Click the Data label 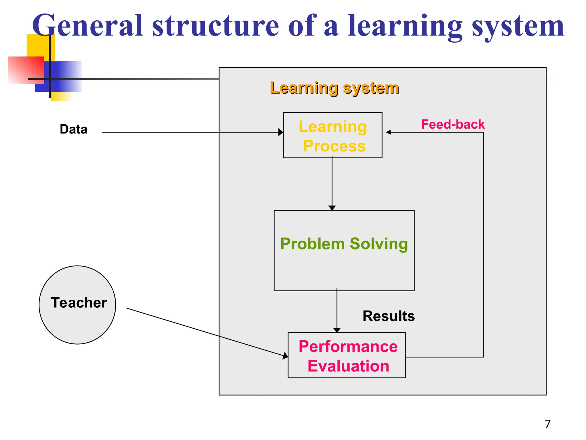click(74, 129)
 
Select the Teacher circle click(78, 305)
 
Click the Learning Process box click(332, 135)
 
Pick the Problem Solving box click(344, 251)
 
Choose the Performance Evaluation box click(347, 355)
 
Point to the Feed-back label click(453, 125)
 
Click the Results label click(389, 316)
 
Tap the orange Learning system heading click(334, 88)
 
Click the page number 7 click(547, 424)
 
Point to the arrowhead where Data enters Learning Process click(281, 132)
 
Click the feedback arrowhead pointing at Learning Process click(388, 132)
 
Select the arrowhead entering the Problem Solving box click(332, 208)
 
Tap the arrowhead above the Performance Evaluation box click(337, 330)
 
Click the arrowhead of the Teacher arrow click(285, 356)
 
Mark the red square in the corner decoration click(26, 70)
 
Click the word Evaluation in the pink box click(348, 366)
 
